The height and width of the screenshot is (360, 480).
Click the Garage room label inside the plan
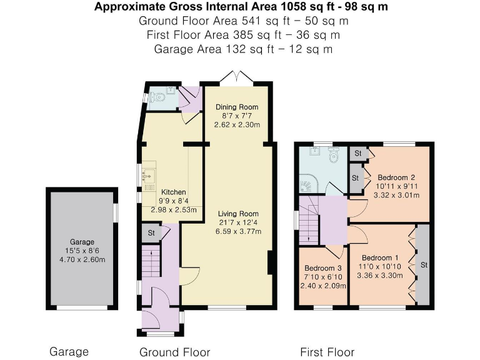[x=82, y=242]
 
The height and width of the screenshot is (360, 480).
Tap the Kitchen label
[x=173, y=192]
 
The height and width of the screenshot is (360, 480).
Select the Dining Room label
[x=237, y=107]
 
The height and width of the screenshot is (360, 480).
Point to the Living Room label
[x=238, y=214]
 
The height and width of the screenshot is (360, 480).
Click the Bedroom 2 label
[x=396, y=177]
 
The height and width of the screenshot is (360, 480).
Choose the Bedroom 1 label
[x=380, y=257]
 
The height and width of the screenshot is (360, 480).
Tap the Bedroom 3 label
[x=322, y=268]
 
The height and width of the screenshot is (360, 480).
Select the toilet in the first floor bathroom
[x=333, y=155]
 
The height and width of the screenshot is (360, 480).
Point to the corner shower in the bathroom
[x=308, y=184]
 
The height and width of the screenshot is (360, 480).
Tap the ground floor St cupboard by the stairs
[x=151, y=233]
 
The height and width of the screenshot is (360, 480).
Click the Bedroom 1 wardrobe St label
[x=424, y=265]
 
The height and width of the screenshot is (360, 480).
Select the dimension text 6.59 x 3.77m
[x=238, y=231]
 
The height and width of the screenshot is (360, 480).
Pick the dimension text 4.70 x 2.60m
[x=82, y=259]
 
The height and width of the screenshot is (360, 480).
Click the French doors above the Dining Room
[x=237, y=76]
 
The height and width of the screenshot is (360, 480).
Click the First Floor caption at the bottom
[x=327, y=352]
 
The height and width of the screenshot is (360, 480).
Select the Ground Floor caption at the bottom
[x=175, y=352]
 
